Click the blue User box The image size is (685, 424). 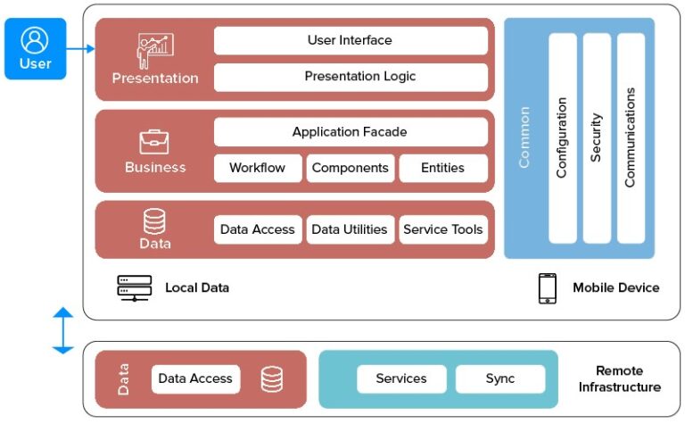tap(36, 49)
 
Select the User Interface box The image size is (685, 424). tap(350, 40)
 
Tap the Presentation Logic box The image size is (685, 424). tap(350, 77)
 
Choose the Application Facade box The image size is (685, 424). tap(350, 132)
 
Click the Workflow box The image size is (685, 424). tap(257, 168)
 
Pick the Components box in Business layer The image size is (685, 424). tap(350, 168)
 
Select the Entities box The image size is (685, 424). tap(442, 168)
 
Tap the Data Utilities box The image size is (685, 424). tap(350, 229)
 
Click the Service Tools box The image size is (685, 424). tap(442, 229)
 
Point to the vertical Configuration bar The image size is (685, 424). tap(562, 138)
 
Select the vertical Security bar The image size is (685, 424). tap(596, 138)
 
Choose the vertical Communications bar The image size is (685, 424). tap(630, 138)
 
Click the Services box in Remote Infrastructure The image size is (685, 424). tap(401, 378)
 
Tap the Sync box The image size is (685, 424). tap(499, 378)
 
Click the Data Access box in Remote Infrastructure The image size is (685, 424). tap(195, 378)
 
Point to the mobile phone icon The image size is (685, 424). tap(547, 288)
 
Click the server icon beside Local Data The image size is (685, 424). tap(135, 287)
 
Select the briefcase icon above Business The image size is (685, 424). tap(154, 142)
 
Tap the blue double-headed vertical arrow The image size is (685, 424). tap(62, 330)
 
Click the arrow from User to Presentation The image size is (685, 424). tap(80, 49)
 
